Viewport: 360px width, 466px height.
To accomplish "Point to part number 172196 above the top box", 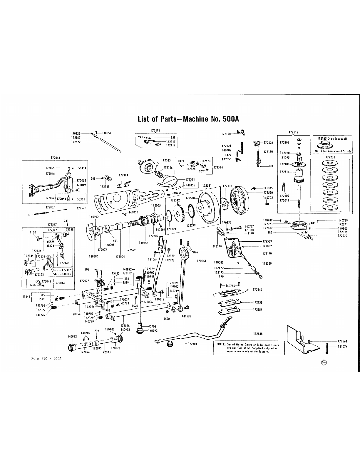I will click(x=155, y=130).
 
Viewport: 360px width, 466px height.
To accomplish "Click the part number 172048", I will click(x=55, y=158).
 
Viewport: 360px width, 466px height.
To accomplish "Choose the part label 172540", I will click(x=81, y=208).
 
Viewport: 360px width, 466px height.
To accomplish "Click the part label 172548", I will click(x=258, y=334).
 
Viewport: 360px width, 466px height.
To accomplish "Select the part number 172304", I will click(x=192, y=343).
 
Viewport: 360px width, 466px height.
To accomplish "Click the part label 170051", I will click(x=202, y=260).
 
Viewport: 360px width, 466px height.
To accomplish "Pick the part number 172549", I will click(x=258, y=292).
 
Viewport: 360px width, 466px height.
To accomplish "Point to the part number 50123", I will click(x=77, y=133).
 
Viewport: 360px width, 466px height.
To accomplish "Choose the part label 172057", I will click(x=51, y=207).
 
